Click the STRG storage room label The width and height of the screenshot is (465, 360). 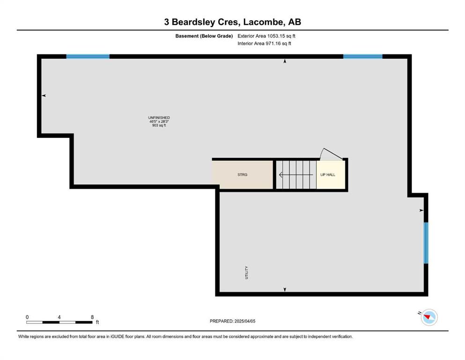point(242,175)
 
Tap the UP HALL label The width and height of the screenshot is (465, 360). point(328,175)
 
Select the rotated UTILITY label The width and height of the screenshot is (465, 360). point(246,272)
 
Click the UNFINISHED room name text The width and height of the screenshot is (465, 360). point(159,118)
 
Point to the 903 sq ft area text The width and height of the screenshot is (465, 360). point(159,126)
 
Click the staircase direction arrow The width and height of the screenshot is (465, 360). point(296,175)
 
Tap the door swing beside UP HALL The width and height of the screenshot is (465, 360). point(331,154)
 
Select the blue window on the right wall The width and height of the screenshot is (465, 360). point(426,243)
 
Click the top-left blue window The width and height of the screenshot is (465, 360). point(88,56)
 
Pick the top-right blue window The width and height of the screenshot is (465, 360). point(363,56)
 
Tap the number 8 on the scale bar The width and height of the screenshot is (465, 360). point(92,317)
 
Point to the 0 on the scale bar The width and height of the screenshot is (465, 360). point(27,317)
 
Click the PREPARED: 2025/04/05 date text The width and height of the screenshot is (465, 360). point(232,321)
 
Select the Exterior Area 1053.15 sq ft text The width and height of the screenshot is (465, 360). point(266,36)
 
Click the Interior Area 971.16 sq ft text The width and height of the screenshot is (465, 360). point(264,43)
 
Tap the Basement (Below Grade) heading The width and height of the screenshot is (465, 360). point(204,36)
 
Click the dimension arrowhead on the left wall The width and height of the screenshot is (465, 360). point(44,96)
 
